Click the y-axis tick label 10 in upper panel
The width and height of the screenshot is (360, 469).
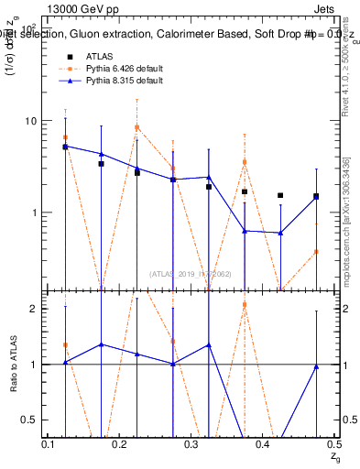(30, 122)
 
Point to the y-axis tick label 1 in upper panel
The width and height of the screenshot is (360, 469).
(35, 213)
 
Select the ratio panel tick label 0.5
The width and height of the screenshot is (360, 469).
(30, 420)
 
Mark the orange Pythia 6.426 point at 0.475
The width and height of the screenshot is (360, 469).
(316, 251)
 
